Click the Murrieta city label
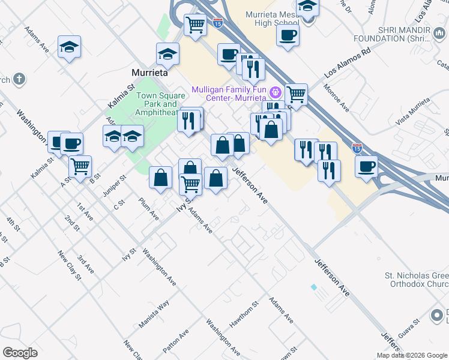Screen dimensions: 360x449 point(149,72)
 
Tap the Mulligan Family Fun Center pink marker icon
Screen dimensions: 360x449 point(276,92)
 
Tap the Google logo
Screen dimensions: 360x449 point(20,352)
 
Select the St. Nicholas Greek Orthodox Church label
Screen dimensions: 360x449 point(417,280)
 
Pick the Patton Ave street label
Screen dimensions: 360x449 point(175,341)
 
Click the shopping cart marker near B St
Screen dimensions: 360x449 point(80,167)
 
